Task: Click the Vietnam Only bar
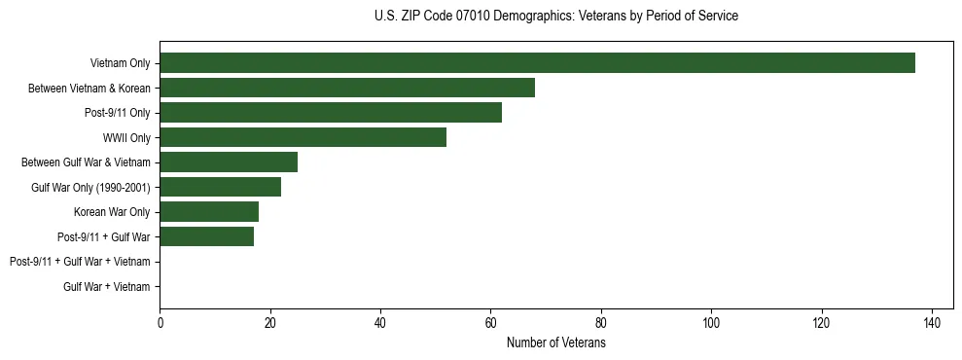click(x=537, y=63)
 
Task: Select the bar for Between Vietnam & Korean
click(x=347, y=88)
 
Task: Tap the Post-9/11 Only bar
click(x=331, y=113)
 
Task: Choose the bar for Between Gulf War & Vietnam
click(x=229, y=162)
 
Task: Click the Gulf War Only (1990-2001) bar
click(x=220, y=187)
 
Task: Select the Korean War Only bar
click(x=209, y=212)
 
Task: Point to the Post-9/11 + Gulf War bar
click(x=206, y=236)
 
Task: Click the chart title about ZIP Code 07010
click(x=555, y=17)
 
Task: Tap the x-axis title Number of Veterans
click(x=555, y=343)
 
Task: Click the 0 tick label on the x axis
click(x=160, y=324)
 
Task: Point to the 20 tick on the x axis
click(x=269, y=324)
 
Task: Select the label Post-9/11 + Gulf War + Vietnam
click(x=80, y=262)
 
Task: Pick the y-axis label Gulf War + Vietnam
click(x=106, y=287)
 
